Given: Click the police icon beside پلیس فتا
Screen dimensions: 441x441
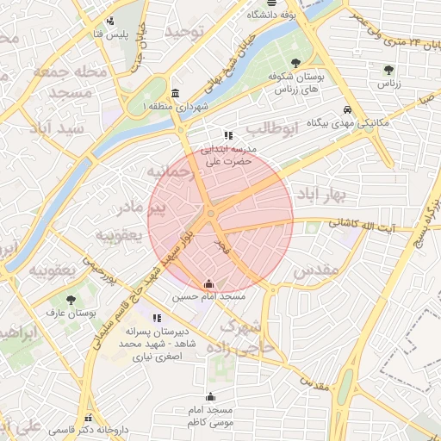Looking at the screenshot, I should pyautogui.click(x=109, y=22).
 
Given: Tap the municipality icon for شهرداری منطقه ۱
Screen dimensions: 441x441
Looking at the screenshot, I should pyautogui.click(x=176, y=93).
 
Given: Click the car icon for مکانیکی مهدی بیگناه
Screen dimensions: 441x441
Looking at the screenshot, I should pyautogui.click(x=347, y=110).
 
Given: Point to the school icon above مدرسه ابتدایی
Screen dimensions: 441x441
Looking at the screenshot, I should pyautogui.click(x=228, y=135).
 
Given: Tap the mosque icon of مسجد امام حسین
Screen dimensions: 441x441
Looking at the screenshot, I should pyautogui.click(x=208, y=283).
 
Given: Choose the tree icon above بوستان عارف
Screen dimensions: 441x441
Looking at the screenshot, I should pyautogui.click(x=71, y=300).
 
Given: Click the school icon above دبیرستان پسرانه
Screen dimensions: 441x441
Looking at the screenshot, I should pyautogui.click(x=157, y=317).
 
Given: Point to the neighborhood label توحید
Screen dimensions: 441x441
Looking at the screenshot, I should pyautogui.click(x=187, y=32).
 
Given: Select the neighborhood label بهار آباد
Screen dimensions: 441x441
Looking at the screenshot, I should pyautogui.click(x=320, y=195).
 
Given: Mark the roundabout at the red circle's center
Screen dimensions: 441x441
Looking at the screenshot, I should pyautogui.click(x=211, y=214).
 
